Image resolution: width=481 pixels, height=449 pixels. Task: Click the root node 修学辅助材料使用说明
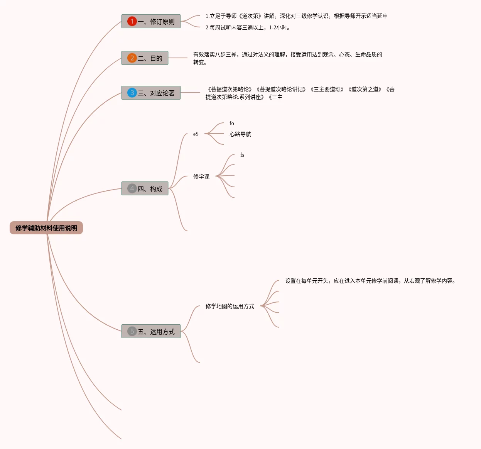[46, 228]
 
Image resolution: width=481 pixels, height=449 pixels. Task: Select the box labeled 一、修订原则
[151, 21]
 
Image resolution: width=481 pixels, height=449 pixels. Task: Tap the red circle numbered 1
[132, 21]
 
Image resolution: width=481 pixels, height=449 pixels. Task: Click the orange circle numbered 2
[132, 58]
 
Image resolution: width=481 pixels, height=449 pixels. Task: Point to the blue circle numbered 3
[132, 93]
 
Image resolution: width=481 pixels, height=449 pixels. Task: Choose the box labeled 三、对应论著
[151, 93]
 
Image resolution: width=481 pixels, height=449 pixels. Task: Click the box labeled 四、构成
[145, 188]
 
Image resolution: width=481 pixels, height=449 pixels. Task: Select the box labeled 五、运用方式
[151, 331]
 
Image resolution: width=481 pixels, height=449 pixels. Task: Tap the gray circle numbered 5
[132, 331]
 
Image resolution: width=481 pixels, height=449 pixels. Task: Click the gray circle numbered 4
[132, 188]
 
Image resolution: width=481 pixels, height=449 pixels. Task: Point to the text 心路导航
[240, 134]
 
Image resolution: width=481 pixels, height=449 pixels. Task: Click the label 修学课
[201, 176]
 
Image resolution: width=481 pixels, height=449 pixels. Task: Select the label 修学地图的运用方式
[230, 306]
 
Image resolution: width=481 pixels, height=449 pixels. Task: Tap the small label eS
[196, 134]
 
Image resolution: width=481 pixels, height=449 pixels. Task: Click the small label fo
[232, 123]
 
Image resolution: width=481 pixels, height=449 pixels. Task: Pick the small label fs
[242, 155]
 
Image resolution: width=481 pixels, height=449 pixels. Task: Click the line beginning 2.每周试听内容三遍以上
[248, 28]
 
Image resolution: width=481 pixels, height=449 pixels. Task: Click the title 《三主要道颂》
[327, 90]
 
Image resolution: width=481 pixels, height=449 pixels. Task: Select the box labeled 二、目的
[145, 58]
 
